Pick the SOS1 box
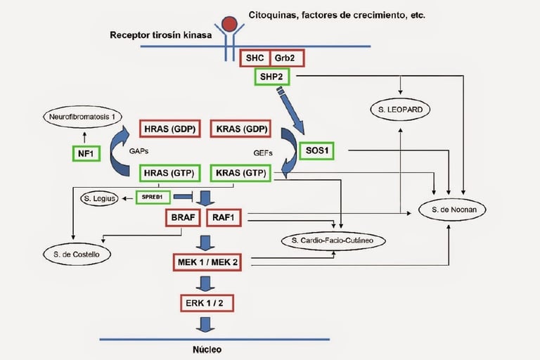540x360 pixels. pos(317,150)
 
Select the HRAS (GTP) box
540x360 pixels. pos(169,172)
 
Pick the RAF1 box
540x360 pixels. pos(225,218)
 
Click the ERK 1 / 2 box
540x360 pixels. pos(206,302)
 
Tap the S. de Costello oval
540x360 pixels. pos(77,253)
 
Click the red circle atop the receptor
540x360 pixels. pos(229,24)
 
